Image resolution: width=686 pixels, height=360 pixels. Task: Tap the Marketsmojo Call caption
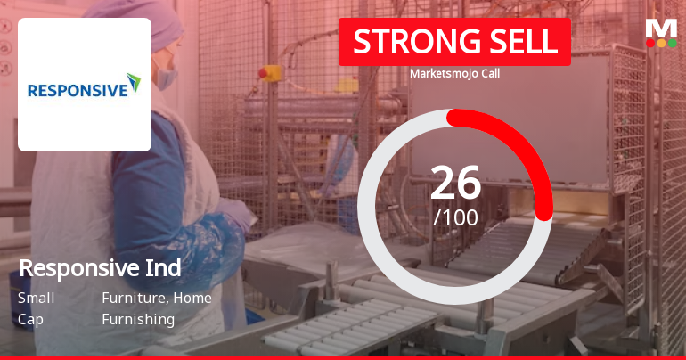454,73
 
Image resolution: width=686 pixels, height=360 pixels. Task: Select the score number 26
455,183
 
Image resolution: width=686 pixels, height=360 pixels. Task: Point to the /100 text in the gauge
455,217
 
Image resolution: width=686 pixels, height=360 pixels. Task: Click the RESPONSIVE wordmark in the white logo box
76,90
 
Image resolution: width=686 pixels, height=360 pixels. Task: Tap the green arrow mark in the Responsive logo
134,83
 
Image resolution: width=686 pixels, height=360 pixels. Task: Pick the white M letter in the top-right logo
661,28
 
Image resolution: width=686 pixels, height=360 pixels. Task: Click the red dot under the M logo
650,42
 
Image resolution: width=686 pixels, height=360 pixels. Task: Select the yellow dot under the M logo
661,42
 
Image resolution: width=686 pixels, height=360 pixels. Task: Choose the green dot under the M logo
672,42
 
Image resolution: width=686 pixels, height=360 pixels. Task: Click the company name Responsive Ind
100,267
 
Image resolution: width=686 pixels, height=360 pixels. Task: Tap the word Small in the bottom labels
36,298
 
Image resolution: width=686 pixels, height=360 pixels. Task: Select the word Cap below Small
29,319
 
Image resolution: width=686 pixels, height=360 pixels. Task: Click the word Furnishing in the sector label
138,319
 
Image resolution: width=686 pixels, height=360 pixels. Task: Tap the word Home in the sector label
192,298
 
